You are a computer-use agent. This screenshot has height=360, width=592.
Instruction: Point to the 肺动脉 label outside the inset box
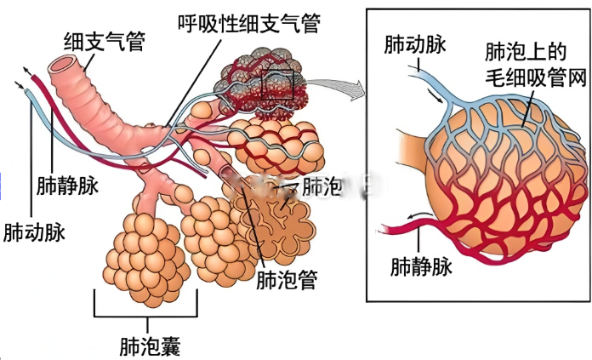pyautogui.click(x=33, y=231)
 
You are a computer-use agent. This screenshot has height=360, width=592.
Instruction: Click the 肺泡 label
pyautogui.click(x=321, y=186)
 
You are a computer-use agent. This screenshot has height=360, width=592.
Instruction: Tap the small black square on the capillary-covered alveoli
pyautogui.click(x=277, y=85)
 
